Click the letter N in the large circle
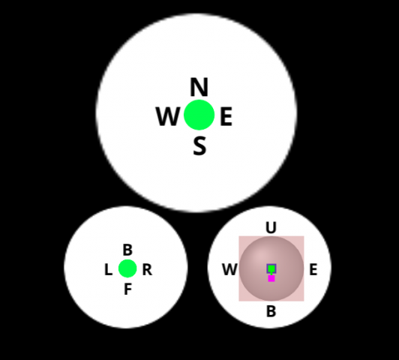(x=199, y=87)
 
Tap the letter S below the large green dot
(x=199, y=145)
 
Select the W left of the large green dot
(x=168, y=116)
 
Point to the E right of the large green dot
(x=226, y=116)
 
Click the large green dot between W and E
(x=199, y=115)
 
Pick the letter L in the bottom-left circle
(x=109, y=270)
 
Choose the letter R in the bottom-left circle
(x=147, y=270)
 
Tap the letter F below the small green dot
(x=128, y=289)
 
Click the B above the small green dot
(x=127, y=250)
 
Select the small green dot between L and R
(x=127, y=268)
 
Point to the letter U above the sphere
(x=271, y=227)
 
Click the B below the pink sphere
(x=271, y=311)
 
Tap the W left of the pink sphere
(x=230, y=269)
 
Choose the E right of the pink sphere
(x=313, y=269)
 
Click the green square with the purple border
(x=271, y=268)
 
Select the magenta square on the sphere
(x=271, y=278)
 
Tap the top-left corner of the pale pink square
(x=239, y=236)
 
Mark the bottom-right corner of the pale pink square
(x=304, y=301)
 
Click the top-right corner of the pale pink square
(x=304, y=236)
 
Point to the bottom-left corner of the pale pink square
(x=239, y=301)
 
